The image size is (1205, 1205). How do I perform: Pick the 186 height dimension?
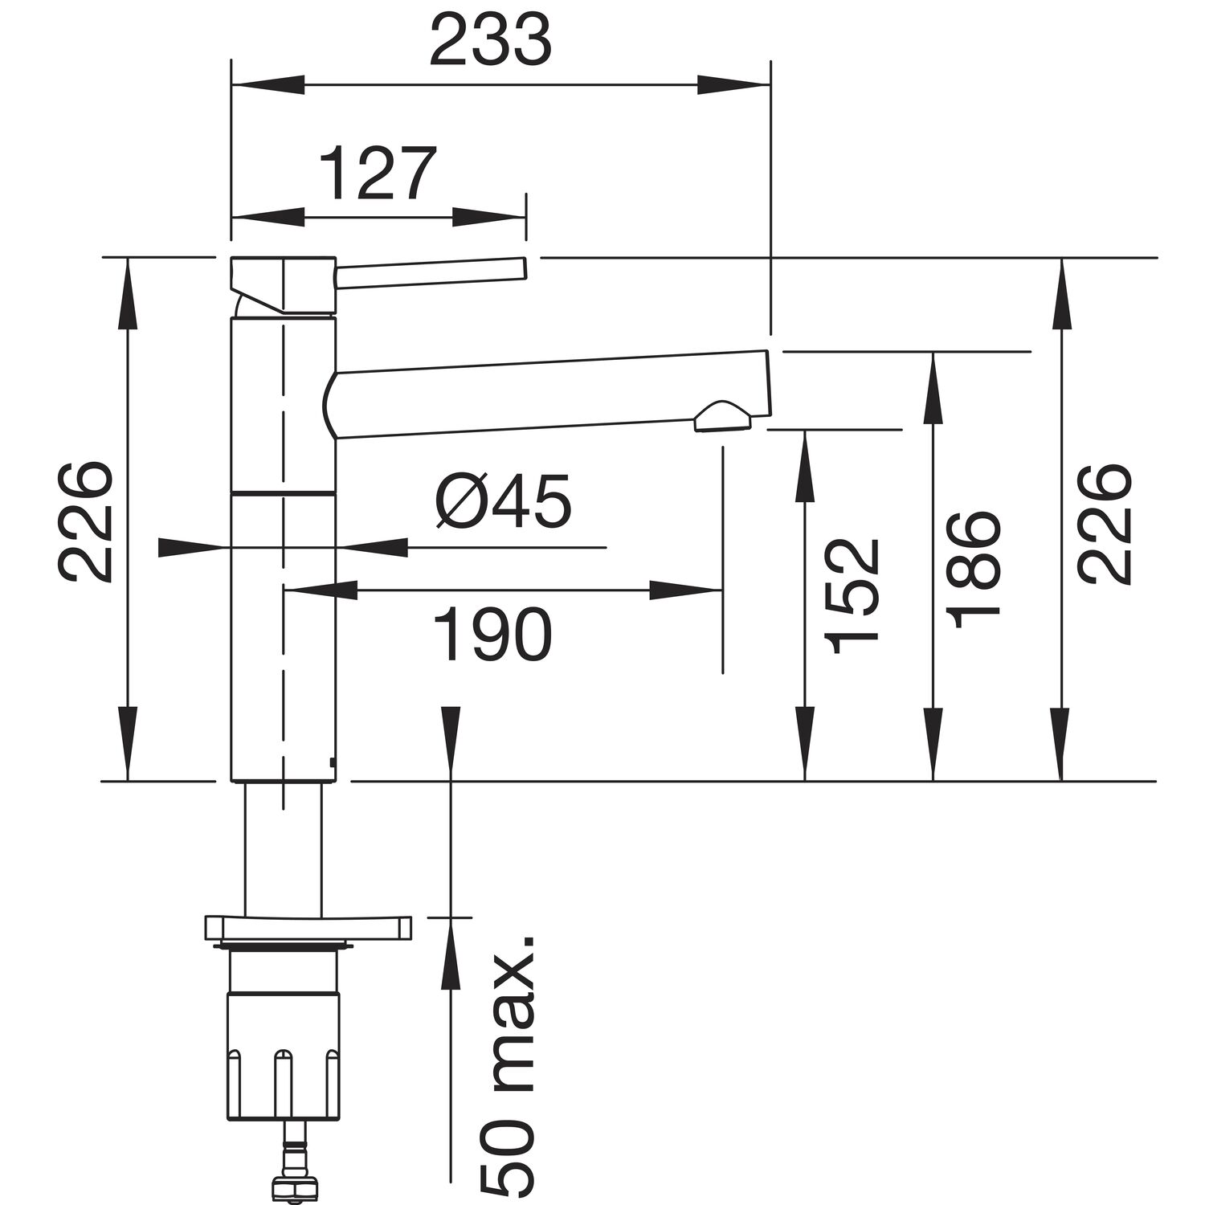pyautogui.click(x=974, y=570)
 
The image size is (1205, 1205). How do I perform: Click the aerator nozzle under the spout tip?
pyautogui.click(x=721, y=416)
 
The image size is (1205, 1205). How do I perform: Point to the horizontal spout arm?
pyautogui.click(x=546, y=394)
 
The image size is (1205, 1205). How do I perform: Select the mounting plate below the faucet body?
pyautogui.click(x=308, y=927)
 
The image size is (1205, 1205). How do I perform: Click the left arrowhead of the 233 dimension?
pyautogui.click(x=265, y=84)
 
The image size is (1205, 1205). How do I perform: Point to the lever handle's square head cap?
pyautogui.click(x=281, y=285)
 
